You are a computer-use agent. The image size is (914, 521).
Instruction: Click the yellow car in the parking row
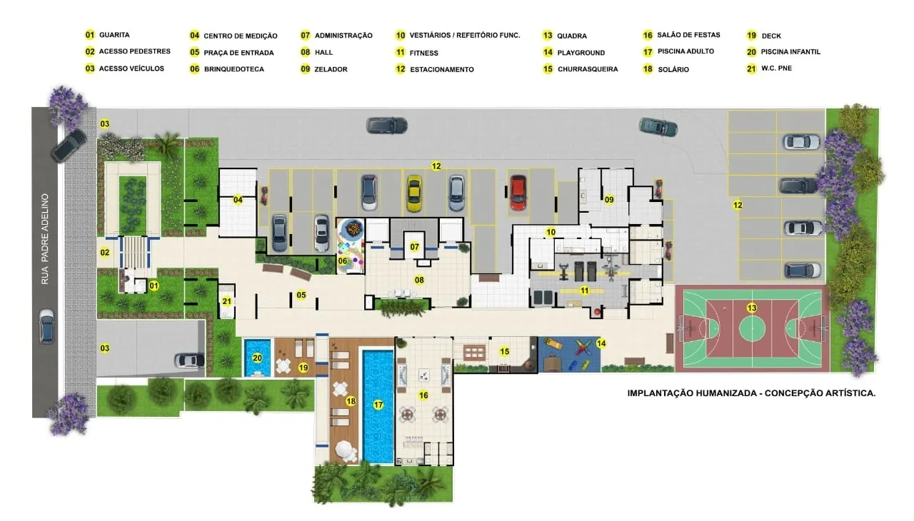(x=413, y=193)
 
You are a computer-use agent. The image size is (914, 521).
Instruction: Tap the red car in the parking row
(x=518, y=193)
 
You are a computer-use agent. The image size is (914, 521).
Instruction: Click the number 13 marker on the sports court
(x=752, y=308)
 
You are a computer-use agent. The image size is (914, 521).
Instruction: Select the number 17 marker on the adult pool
(x=378, y=405)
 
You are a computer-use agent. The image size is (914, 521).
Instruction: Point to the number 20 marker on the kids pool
(x=257, y=358)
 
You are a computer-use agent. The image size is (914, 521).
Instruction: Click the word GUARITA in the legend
(x=114, y=35)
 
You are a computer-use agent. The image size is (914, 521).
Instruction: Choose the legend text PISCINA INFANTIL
(x=790, y=52)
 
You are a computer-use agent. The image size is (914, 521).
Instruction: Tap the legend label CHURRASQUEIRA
(x=588, y=69)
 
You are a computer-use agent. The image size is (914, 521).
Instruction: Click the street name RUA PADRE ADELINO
(x=45, y=239)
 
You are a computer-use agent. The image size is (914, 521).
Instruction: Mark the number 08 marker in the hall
(x=419, y=280)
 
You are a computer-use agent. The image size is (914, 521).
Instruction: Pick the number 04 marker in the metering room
(x=238, y=200)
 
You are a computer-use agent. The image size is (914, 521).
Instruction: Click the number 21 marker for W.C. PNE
(x=227, y=301)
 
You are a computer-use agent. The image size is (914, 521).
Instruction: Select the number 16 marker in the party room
(x=423, y=395)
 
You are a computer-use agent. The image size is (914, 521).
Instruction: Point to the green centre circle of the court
(x=752, y=328)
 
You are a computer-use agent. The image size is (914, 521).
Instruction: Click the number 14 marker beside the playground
(x=601, y=343)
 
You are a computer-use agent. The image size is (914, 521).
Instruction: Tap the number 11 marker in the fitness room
(x=584, y=290)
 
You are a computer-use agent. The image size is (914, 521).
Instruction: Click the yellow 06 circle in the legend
(x=195, y=69)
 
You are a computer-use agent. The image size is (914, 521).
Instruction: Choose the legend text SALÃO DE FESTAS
(x=688, y=35)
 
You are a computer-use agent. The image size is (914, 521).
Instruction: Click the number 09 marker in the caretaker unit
(x=609, y=200)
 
